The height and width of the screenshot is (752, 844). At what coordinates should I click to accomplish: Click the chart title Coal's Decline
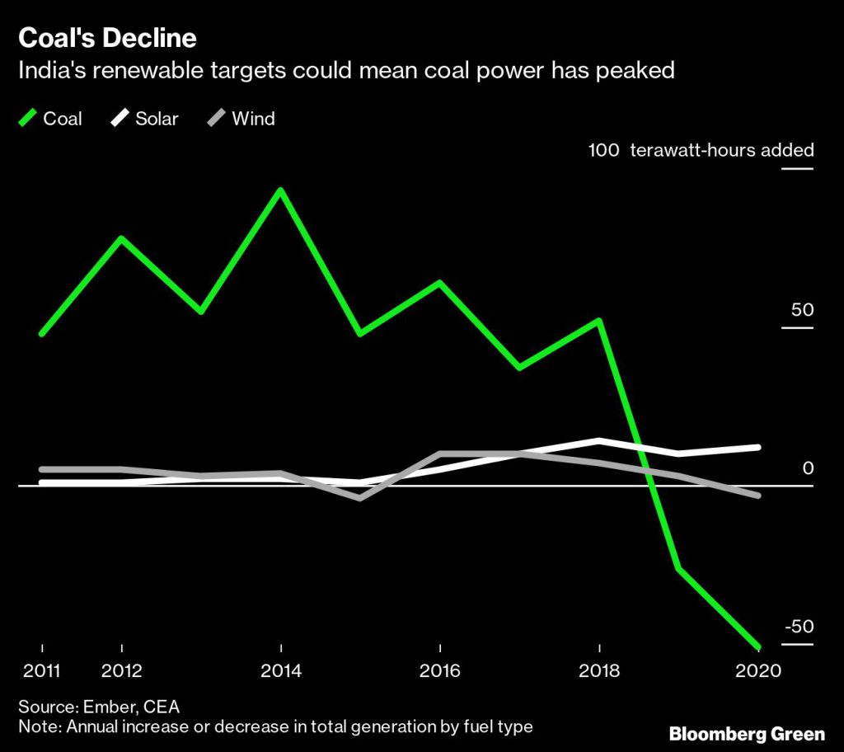pos(108,38)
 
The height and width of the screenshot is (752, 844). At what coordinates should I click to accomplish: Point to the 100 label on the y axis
pos(603,150)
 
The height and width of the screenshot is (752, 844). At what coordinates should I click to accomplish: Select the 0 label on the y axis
pos(808,468)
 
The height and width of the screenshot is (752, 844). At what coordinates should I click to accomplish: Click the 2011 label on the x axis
pos(41,670)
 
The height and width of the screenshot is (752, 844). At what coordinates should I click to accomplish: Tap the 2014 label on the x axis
pos(281,670)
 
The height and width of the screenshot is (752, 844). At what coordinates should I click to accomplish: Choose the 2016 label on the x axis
pos(441,670)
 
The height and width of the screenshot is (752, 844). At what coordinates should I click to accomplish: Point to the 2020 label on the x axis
pos(758,670)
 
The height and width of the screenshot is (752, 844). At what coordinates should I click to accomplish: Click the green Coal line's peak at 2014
pos(281,190)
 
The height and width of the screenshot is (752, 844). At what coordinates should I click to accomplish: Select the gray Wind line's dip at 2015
pos(361,498)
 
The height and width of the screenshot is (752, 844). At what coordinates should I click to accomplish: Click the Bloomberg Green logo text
pos(747,733)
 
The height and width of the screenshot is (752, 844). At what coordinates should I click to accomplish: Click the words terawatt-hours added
pos(722,150)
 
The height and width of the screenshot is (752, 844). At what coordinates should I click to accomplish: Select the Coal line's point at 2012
pos(122,239)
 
